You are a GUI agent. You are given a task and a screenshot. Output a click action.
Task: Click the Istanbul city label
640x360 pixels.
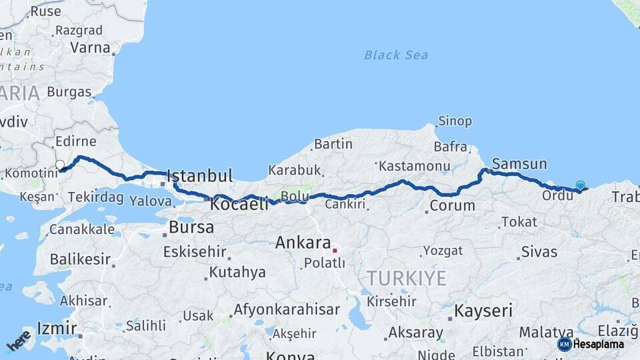200,177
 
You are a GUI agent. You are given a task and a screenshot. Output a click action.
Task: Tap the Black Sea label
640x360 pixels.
396,55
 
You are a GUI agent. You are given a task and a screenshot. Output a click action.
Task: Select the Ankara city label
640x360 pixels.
303,243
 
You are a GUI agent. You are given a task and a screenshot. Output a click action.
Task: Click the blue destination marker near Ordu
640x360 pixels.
580,187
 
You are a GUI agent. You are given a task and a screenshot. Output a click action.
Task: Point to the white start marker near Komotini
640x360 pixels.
60,165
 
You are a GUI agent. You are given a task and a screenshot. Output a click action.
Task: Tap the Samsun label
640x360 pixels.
519,164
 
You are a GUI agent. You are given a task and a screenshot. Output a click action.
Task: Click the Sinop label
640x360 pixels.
455,121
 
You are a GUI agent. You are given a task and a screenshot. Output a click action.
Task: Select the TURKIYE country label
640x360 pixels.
406,279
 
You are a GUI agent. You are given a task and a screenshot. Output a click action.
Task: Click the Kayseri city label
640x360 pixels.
483,311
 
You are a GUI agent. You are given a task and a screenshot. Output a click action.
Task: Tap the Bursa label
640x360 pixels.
191,227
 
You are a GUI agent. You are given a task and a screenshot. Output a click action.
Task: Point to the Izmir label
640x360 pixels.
57,328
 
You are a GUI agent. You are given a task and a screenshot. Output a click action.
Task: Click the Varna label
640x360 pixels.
90,48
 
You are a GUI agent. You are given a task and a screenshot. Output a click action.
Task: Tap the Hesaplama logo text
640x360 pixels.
598,344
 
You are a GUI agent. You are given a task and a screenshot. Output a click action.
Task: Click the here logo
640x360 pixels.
19,340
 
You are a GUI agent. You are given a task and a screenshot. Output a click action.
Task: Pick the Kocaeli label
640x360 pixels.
239,205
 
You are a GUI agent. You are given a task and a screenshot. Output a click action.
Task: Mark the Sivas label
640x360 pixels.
539,251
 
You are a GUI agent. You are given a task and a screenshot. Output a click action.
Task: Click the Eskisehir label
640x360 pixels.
195,253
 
